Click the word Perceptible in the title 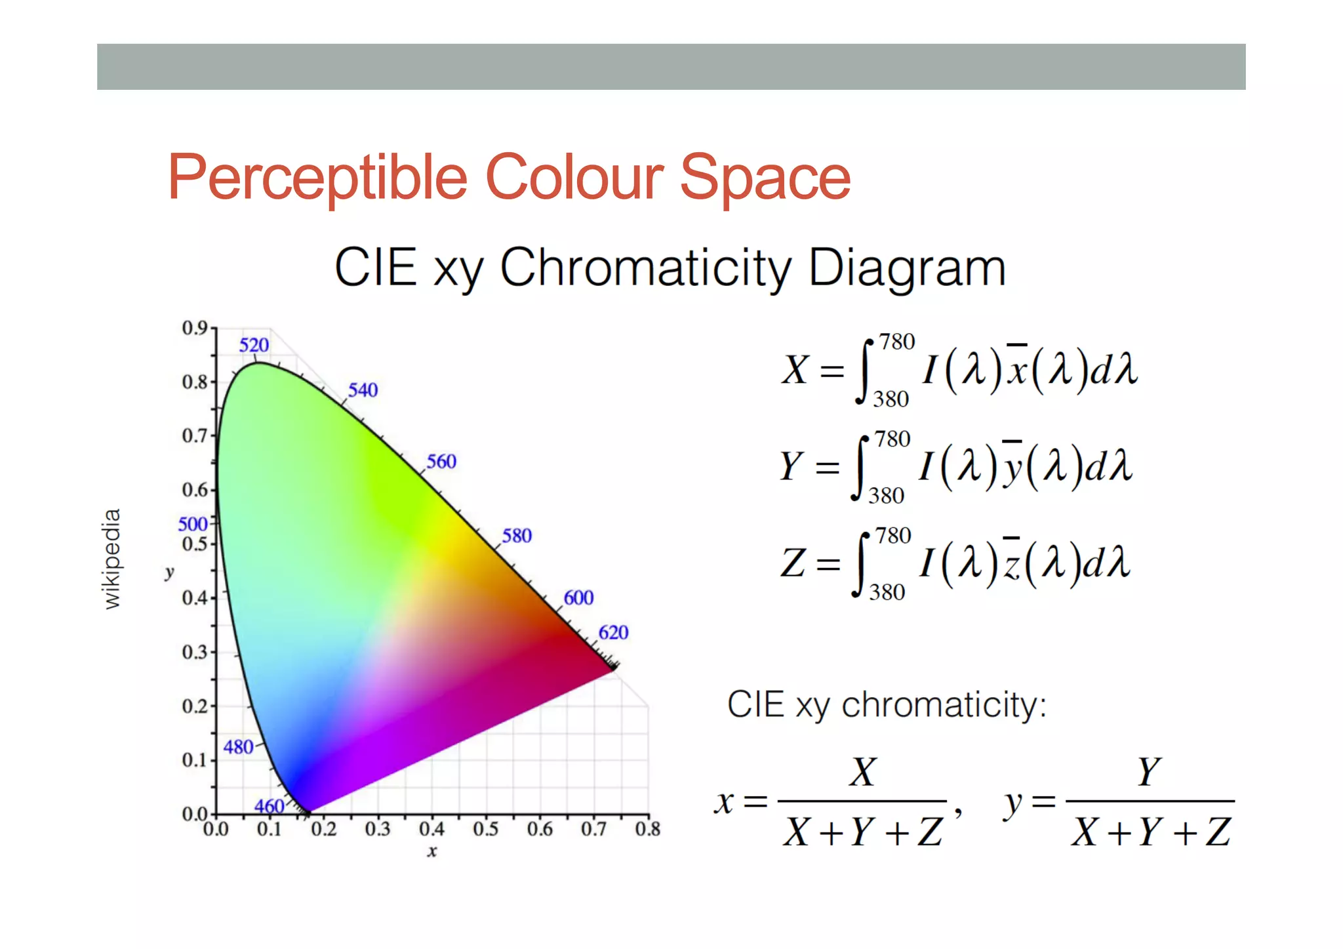(x=317, y=177)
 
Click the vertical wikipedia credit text (x=112, y=559)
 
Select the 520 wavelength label (x=254, y=345)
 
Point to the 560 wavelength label (x=441, y=461)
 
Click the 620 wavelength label (x=613, y=632)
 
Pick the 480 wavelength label (x=238, y=747)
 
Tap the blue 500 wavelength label (x=192, y=524)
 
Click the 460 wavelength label (x=269, y=806)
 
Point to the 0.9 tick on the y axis (x=195, y=328)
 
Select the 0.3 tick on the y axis (x=195, y=652)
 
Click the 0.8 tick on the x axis (x=647, y=830)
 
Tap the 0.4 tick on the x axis (x=431, y=830)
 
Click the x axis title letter (x=431, y=852)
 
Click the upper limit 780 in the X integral (x=896, y=342)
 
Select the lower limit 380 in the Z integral (x=887, y=592)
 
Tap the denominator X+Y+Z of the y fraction (x=1150, y=832)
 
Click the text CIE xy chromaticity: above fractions (x=887, y=705)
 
